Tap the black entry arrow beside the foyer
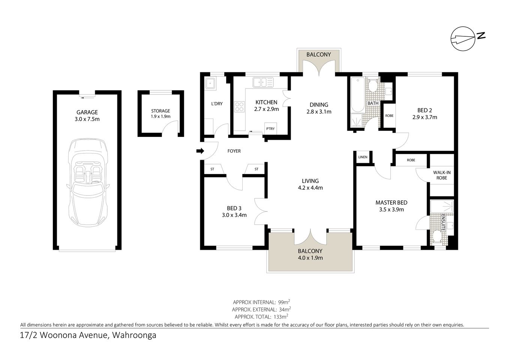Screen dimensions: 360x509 pos(200,151)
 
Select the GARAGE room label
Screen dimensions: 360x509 pos(87,112)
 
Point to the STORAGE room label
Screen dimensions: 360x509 pos(161,111)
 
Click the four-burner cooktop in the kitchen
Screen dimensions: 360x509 pos(239,107)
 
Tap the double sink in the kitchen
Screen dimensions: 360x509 pos(263,82)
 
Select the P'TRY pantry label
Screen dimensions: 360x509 pos(270,129)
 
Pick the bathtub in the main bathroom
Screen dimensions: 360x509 pos(357,94)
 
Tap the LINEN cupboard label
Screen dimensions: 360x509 pos(363,157)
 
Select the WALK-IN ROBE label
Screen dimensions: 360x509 pos(441,175)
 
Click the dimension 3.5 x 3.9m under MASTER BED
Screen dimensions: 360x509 pos(391,210)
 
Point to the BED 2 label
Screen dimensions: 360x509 pos(425,110)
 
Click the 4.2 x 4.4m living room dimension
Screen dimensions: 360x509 pos(310,188)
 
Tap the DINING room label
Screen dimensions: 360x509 pos(319,105)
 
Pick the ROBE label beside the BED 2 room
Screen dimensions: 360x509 pos(389,115)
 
